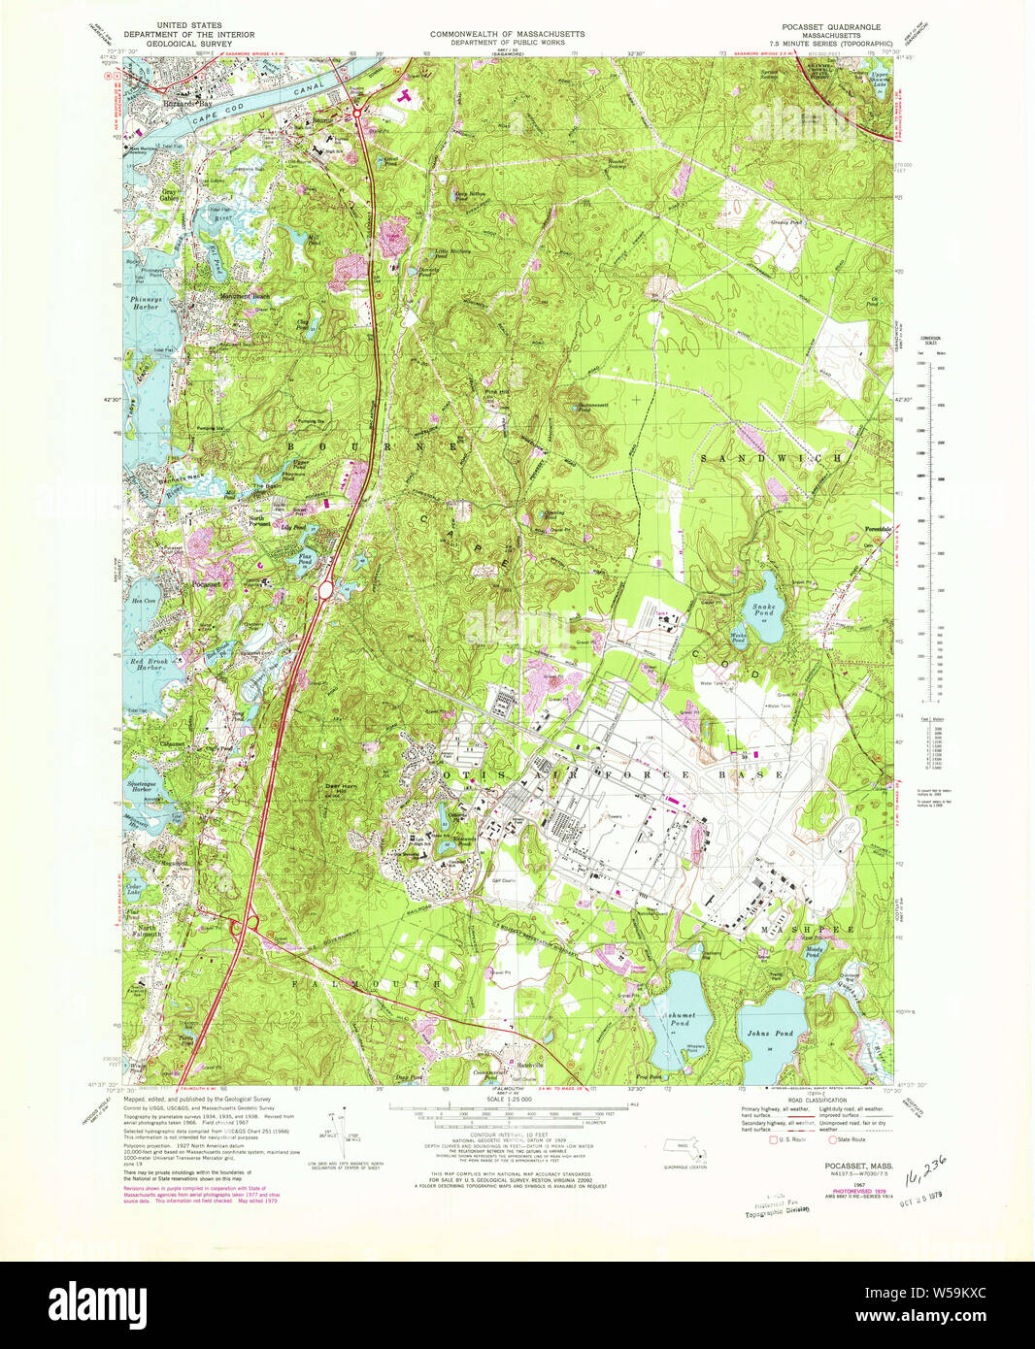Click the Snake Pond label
click(762, 610)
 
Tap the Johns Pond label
click(770, 1034)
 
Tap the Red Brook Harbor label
click(149, 665)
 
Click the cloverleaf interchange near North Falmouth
click(243, 926)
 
